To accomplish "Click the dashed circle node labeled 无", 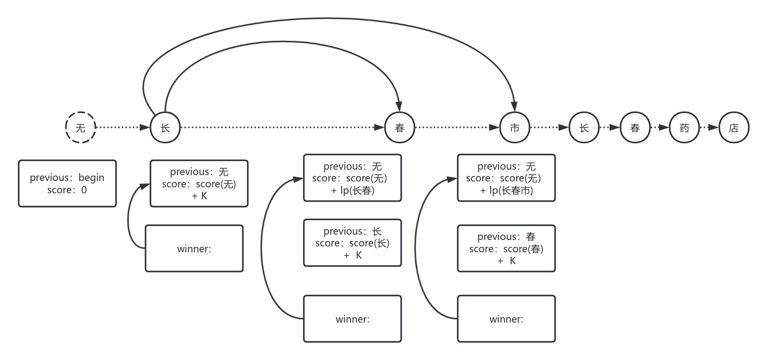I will tap(81, 127).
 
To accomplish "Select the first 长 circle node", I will tap(165, 127).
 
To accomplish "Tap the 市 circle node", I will tap(515, 127).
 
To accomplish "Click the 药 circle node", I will tap(684, 127).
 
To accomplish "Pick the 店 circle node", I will tap(734, 127).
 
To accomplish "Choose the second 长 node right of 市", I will tap(584, 127).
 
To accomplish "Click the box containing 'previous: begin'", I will tap(67, 183).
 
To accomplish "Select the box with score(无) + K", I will tap(199, 183).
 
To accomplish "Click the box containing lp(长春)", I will tap(353, 178).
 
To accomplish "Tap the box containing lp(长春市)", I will tap(506, 178).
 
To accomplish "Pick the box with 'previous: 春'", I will tap(506, 248).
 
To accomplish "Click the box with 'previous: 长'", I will tap(353, 243).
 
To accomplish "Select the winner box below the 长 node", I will tap(194, 248).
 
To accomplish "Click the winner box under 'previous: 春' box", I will tap(506, 319).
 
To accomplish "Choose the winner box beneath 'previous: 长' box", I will tap(353, 319).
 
